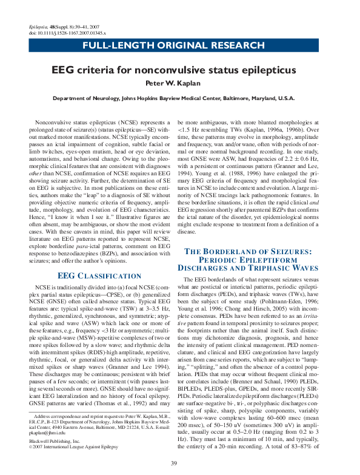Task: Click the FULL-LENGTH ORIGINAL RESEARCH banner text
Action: click(x=180, y=47)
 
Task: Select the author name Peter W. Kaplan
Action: click(x=180, y=83)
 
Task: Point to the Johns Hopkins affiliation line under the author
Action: click(x=180, y=98)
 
